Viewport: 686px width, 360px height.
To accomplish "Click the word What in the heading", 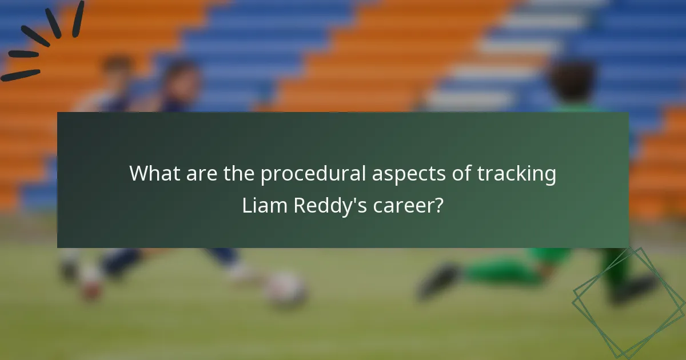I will [151, 174].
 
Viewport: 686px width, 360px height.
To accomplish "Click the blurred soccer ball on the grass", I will [284, 289].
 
